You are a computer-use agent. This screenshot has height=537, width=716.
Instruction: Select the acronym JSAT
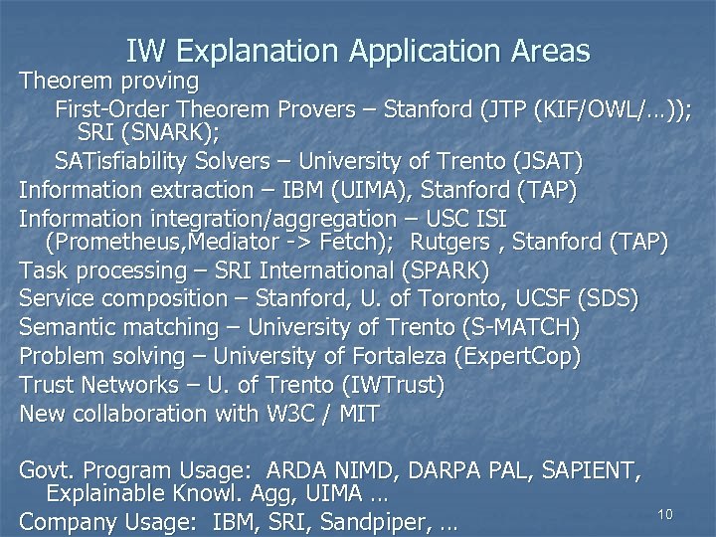coord(545,160)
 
